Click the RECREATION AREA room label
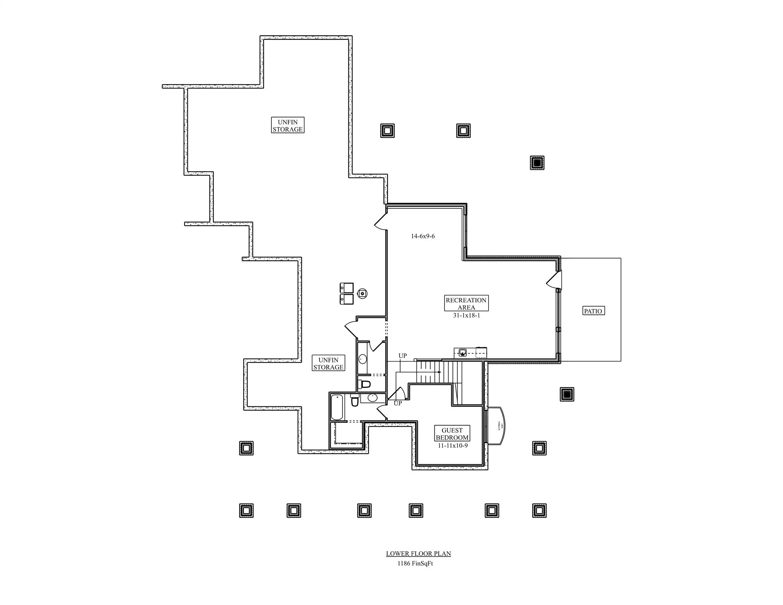466,304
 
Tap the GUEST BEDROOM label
452,434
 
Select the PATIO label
593,311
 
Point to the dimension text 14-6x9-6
423,236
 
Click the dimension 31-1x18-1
466,316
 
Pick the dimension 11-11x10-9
452,446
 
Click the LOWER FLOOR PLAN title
418,553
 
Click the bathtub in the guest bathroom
337,407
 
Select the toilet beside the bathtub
355,400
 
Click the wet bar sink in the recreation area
463,353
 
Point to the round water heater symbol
362,293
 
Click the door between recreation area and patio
554,280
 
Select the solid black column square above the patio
537,163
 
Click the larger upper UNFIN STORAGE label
287,126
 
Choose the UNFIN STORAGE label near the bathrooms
328,363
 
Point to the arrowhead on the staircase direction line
440,372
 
